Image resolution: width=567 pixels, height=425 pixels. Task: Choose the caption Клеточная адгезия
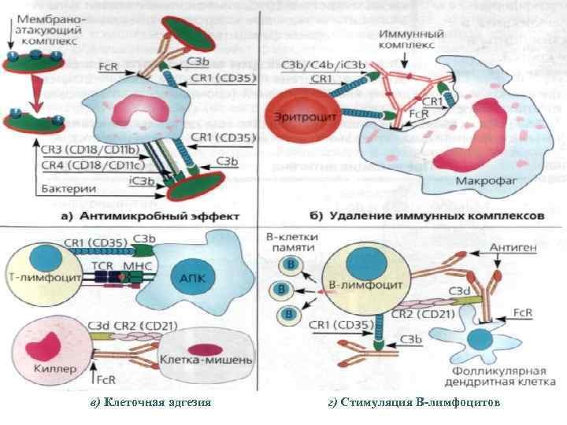(x=150, y=403)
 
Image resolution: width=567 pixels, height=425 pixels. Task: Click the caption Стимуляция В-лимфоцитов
(x=413, y=403)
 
